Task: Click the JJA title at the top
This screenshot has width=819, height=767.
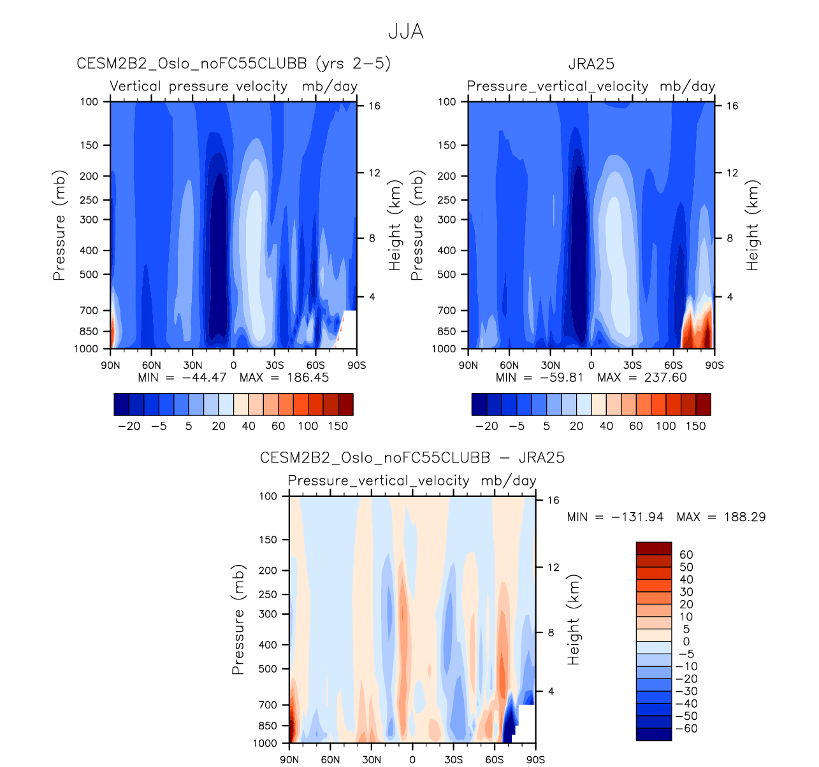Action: coord(406,32)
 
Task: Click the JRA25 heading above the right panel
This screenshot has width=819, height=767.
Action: coord(591,64)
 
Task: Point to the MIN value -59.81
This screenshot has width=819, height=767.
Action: coord(558,377)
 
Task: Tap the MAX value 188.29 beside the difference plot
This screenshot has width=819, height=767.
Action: coord(744,517)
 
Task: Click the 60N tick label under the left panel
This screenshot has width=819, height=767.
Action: coord(151,365)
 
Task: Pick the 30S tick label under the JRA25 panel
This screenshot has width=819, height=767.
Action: coord(632,365)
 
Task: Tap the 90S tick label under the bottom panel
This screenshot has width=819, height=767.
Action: coord(535,759)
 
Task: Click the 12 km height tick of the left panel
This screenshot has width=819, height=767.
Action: coord(374,173)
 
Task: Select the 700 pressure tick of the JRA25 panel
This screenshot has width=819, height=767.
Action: coord(447,310)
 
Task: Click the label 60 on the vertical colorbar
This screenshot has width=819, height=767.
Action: coord(686,554)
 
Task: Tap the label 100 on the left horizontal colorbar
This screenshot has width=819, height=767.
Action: coord(308,426)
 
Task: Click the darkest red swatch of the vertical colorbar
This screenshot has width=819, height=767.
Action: coord(653,548)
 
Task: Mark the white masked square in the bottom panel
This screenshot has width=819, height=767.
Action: coord(526,715)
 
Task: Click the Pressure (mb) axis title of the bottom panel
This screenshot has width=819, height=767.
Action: coord(238,619)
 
